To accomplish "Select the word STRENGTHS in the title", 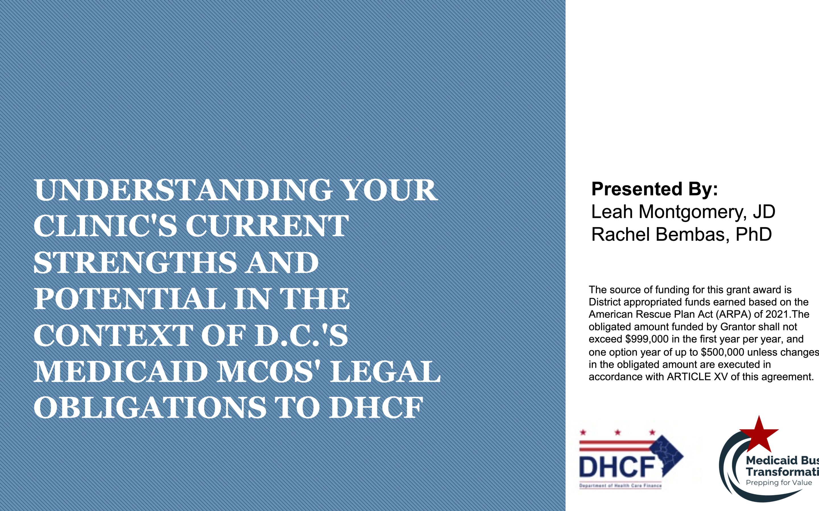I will tap(135, 263).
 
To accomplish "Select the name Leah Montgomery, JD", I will tap(683, 212).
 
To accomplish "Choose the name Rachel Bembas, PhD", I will tap(681, 234).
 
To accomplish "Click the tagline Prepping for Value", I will tap(779, 483).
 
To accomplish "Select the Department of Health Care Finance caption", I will tap(620, 486).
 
